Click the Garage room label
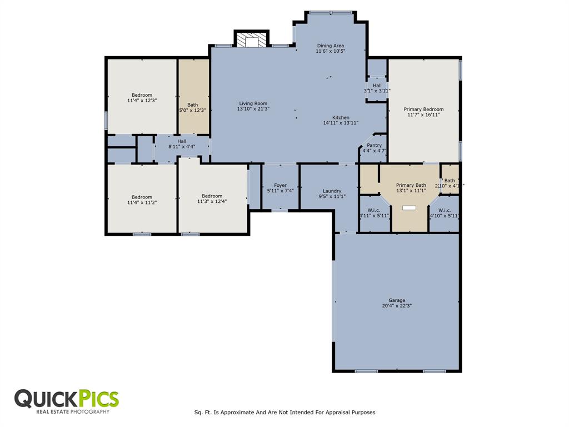pyautogui.click(x=397, y=300)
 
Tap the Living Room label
pyautogui.click(x=253, y=103)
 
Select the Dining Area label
pyautogui.click(x=331, y=46)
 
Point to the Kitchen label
pyautogui.click(x=341, y=117)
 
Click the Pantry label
pyautogui.click(x=374, y=145)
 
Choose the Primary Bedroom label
pyautogui.click(x=423, y=110)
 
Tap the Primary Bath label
pyautogui.click(x=411, y=185)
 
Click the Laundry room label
pyautogui.click(x=332, y=191)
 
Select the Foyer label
pyautogui.click(x=280, y=185)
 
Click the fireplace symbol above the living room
pyautogui.click(x=252, y=41)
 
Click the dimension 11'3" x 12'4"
pyautogui.click(x=212, y=201)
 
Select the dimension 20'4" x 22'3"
pyautogui.click(x=397, y=305)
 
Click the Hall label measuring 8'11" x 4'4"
pyautogui.click(x=182, y=141)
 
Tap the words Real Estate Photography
pyautogui.click(x=73, y=412)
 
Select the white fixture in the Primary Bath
pyautogui.click(x=410, y=207)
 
